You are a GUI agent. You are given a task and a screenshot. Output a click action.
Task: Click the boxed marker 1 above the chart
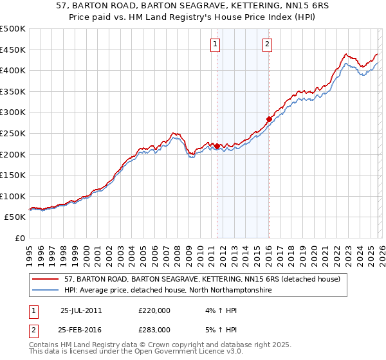click(x=215, y=44)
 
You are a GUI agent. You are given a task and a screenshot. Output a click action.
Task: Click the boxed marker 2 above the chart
click(x=267, y=44)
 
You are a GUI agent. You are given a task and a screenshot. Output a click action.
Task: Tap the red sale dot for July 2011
click(x=217, y=146)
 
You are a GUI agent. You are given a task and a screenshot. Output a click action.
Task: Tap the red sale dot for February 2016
click(x=269, y=119)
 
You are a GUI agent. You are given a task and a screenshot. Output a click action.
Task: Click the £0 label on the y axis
click(x=20, y=238)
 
